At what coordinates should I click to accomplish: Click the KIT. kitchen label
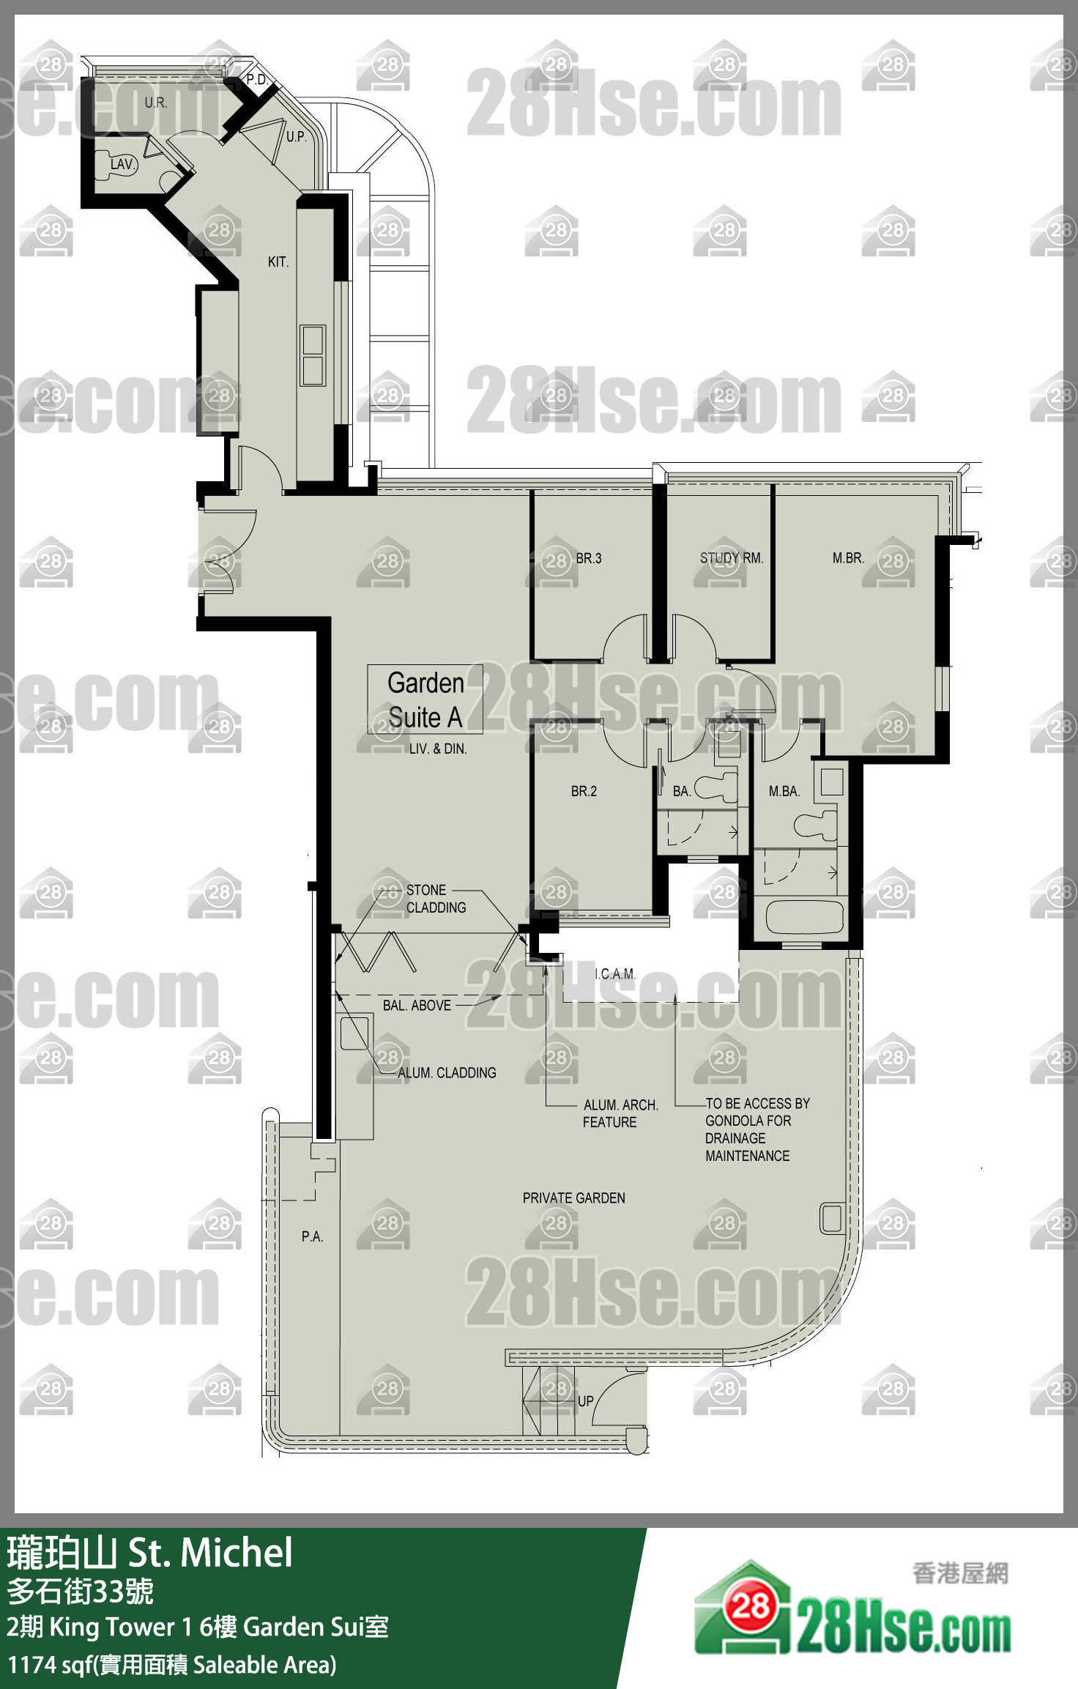pyautogui.click(x=278, y=262)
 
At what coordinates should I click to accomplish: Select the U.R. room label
pyautogui.click(x=156, y=103)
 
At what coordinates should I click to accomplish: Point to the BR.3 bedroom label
pyautogui.click(x=589, y=558)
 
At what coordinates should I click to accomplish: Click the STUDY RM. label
pyautogui.click(x=732, y=558)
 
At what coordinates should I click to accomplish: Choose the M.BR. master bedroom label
pyautogui.click(x=848, y=558)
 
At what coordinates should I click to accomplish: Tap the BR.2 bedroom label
pyautogui.click(x=584, y=791)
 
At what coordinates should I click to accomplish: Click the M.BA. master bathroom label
pyautogui.click(x=784, y=791)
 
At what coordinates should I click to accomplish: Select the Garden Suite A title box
pyautogui.click(x=425, y=699)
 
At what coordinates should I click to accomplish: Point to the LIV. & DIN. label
pyautogui.click(x=438, y=749)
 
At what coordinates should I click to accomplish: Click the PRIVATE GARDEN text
pyautogui.click(x=574, y=1198)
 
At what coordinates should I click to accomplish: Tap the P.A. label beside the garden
pyautogui.click(x=312, y=1236)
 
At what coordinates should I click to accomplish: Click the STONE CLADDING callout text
pyautogui.click(x=436, y=899)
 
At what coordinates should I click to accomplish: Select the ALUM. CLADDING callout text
pyautogui.click(x=447, y=1073)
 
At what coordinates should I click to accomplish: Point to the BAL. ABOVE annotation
pyautogui.click(x=417, y=1006)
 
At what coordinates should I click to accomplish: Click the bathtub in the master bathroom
pyautogui.click(x=803, y=916)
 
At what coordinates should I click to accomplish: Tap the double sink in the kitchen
pyautogui.click(x=313, y=356)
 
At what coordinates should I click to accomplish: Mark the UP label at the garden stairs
pyautogui.click(x=586, y=1401)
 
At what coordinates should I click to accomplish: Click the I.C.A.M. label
pyautogui.click(x=615, y=974)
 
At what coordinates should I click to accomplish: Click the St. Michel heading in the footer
pyautogui.click(x=211, y=1553)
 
